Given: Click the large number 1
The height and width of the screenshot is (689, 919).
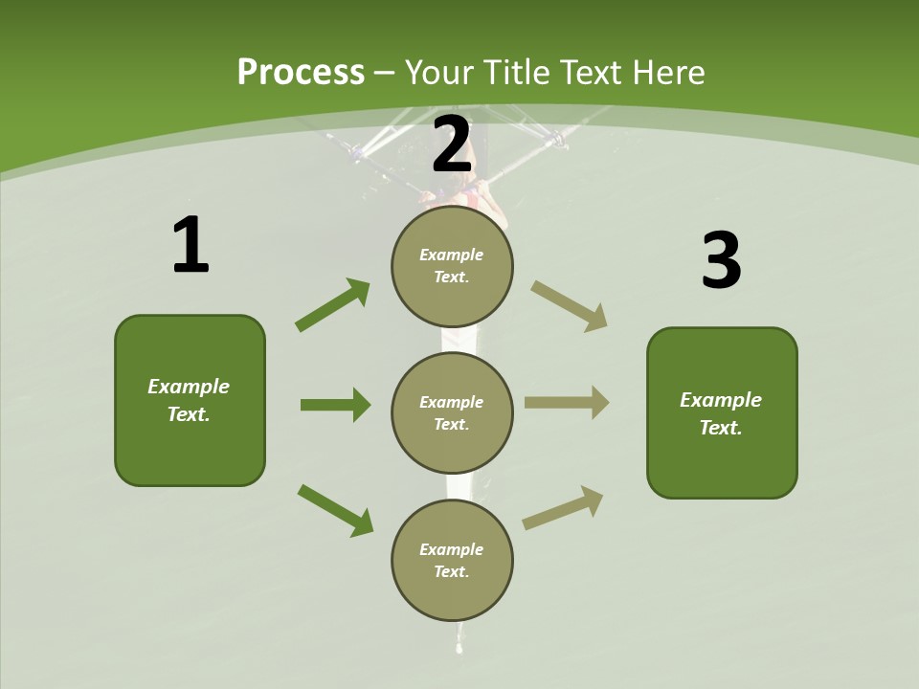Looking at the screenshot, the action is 191,244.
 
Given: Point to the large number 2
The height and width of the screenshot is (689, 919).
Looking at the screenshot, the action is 451,144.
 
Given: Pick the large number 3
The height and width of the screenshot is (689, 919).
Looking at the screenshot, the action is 722,259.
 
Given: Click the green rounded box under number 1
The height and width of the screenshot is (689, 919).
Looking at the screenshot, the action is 190,401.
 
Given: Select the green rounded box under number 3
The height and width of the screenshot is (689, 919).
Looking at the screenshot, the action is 722,413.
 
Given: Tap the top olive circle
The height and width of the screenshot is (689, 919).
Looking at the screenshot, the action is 452,267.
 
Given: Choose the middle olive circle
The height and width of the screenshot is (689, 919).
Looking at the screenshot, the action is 452,413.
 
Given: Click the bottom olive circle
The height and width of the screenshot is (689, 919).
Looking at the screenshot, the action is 452,560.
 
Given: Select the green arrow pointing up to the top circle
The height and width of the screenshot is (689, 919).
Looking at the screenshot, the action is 332,304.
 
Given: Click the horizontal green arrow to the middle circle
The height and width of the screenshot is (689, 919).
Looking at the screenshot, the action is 336,405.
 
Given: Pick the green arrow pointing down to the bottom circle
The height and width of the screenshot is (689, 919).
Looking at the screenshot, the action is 336,510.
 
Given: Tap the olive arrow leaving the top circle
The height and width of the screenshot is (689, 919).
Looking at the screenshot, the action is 569,306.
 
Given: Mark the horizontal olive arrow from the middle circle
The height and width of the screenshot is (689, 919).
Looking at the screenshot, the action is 567,403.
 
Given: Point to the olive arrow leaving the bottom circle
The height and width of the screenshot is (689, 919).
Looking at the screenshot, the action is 563,507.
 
